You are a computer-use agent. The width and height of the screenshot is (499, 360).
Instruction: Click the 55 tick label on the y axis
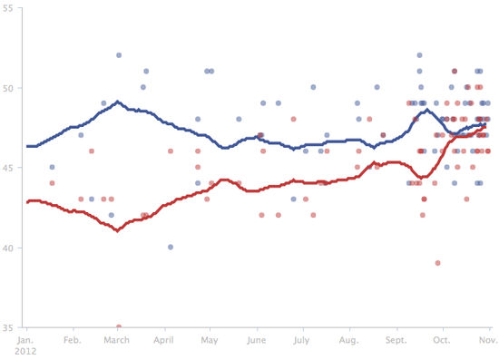click(7, 8)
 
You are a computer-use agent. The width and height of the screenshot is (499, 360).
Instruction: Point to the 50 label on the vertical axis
click(7, 88)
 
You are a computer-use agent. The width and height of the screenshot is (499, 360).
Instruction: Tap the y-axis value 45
click(7, 168)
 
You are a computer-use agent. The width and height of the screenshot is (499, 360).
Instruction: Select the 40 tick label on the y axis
click(7, 248)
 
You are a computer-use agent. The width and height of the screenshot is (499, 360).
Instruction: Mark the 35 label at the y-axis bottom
click(7, 327)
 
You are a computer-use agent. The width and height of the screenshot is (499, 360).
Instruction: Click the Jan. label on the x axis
click(27, 341)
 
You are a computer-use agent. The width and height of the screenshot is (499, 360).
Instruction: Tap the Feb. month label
click(73, 341)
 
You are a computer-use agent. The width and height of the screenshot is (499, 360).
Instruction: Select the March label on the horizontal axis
click(117, 341)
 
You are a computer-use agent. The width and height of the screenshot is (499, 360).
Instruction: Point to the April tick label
click(164, 341)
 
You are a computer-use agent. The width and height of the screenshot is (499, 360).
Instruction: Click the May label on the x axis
click(210, 341)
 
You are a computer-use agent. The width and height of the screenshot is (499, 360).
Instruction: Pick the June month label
click(257, 341)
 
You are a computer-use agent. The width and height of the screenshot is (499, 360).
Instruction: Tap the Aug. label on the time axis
click(348, 341)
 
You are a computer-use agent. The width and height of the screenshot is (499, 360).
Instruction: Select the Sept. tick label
click(396, 341)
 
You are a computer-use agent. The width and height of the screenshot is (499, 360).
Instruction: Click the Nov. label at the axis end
click(488, 341)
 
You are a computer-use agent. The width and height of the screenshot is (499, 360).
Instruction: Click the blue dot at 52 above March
click(119, 55)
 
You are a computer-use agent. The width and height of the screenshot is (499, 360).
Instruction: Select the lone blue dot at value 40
click(170, 247)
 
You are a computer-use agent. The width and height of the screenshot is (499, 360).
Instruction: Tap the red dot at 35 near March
click(119, 326)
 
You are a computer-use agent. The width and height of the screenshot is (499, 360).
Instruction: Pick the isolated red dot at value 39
click(438, 263)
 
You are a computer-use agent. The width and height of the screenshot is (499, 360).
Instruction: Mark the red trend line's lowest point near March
click(117, 230)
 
